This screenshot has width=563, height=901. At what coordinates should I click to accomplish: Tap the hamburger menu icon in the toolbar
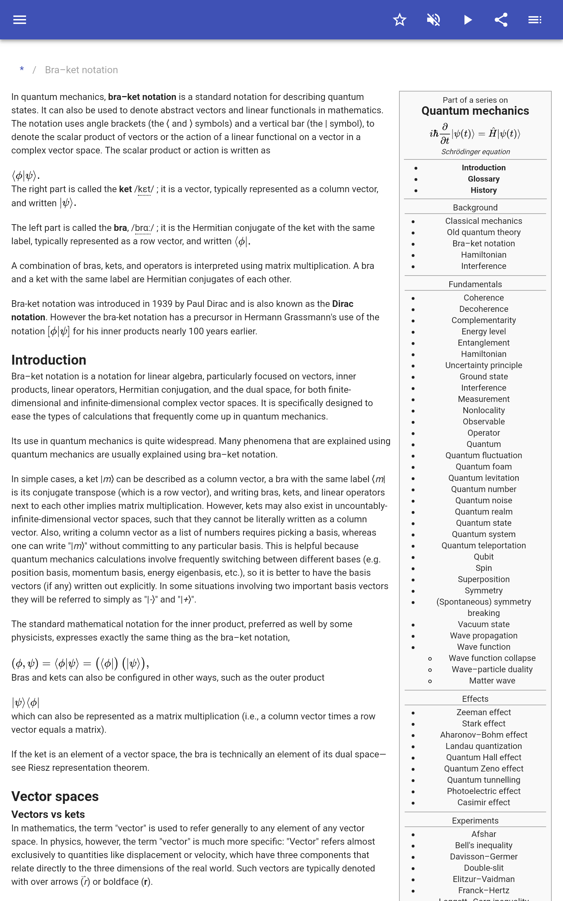[x=20, y=20]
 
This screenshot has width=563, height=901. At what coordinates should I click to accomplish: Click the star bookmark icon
[x=399, y=20]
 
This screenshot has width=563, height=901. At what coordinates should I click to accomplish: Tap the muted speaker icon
[x=434, y=20]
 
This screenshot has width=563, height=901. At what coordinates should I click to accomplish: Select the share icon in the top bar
[x=501, y=20]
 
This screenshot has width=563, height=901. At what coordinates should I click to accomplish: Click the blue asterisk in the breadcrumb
[x=22, y=70]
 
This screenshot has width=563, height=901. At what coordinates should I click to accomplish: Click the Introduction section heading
[x=49, y=360]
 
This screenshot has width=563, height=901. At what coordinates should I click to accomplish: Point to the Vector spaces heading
[x=55, y=796]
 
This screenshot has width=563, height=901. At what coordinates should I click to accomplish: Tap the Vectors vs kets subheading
[x=48, y=814]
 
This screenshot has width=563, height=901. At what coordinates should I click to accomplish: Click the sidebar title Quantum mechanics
[x=475, y=111]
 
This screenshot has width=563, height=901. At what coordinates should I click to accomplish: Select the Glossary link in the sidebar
[x=483, y=179]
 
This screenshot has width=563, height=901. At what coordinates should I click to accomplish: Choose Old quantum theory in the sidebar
[x=483, y=232]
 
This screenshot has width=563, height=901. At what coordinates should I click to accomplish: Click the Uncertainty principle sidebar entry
[x=483, y=365]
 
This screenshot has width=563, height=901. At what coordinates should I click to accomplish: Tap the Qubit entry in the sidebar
[x=483, y=556]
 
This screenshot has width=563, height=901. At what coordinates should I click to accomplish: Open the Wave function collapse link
[x=492, y=658]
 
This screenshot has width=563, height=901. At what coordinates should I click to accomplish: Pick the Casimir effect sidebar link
[x=483, y=802]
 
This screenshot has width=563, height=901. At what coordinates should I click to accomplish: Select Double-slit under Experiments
[x=483, y=868]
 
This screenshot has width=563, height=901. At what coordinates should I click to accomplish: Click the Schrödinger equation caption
[x=475, y=152]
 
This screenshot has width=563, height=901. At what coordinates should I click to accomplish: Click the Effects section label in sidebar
[x=475, y=699]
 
